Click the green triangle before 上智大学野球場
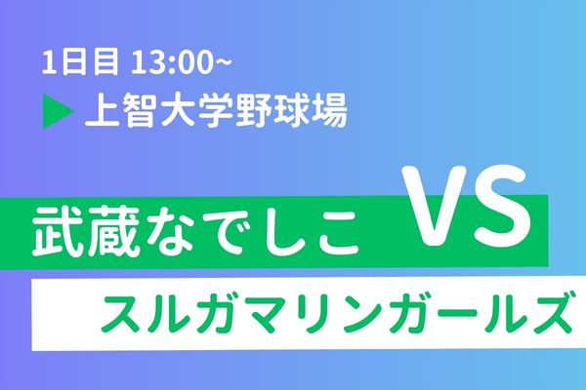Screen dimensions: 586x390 57,111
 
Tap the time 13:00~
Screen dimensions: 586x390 182,62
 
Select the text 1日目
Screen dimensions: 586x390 80,62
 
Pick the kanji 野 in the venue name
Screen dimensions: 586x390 255,111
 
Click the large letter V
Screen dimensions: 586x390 435,206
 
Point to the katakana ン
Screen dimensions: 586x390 362,313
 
